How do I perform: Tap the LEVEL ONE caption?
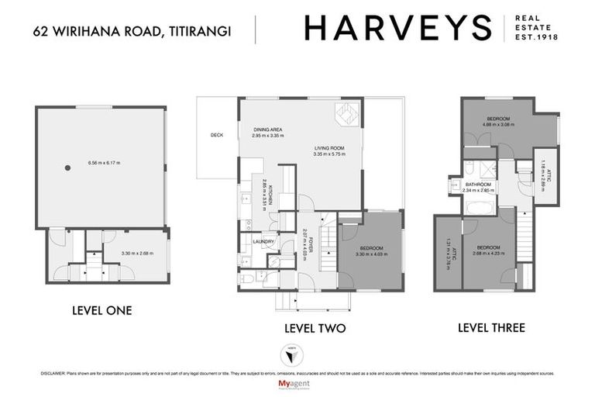tap(101, 311)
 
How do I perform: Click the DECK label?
tap(216, 135)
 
